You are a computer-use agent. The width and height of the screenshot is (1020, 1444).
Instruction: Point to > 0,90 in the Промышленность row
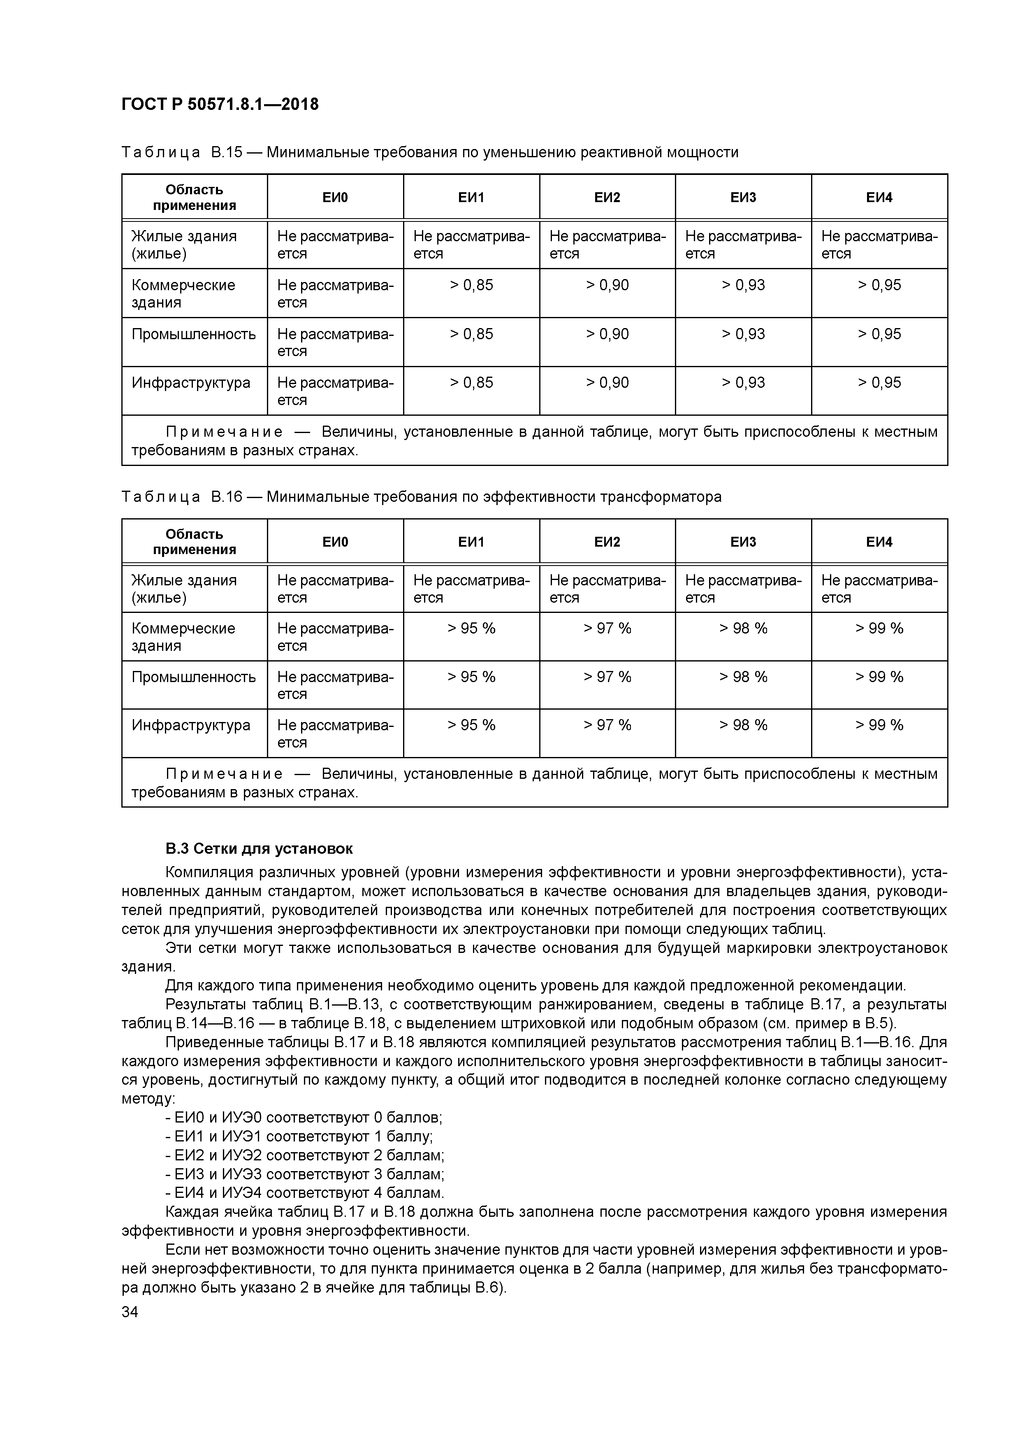(607, 333)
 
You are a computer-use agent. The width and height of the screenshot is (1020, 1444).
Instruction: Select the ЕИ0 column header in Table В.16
(335, 542)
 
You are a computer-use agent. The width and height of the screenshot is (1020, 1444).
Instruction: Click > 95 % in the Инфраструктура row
(471, 725)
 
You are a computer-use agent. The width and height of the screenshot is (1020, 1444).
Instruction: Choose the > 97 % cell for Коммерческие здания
(607, 628)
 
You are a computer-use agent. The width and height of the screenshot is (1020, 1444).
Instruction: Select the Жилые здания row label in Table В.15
(184, 245)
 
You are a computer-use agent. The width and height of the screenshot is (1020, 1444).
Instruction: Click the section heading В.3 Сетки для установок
(259, 848)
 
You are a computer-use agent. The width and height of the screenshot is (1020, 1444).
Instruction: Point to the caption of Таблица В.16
(421, 497)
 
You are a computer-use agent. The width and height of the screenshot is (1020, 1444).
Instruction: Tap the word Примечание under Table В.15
(224, 432)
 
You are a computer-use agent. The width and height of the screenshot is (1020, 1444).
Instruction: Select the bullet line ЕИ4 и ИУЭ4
(305, 1193)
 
